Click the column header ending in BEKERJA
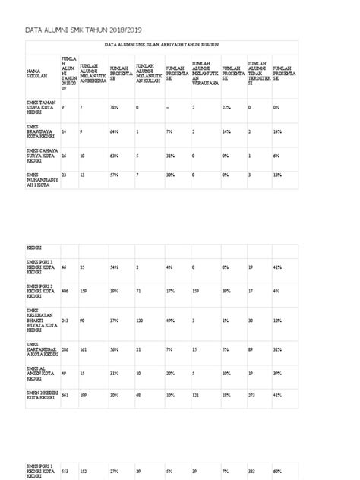point(93,74)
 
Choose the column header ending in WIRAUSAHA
point(203,74)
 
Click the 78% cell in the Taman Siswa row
point(114,108)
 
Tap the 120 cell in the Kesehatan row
point(141,321)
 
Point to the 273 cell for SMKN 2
point(252,396)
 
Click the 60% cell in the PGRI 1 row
point(278,471)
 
